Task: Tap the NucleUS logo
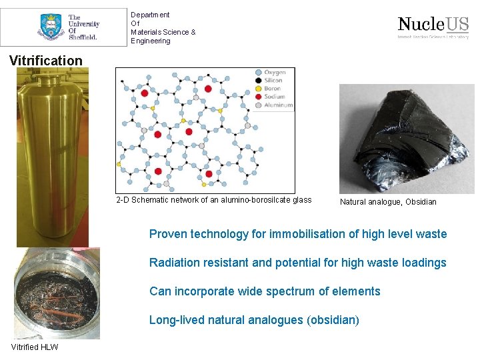click(x=433, y=27)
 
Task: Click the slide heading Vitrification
click(x=46, y=61)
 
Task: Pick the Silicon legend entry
click(x=273, y=80)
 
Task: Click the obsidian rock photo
click(x=407, y=138)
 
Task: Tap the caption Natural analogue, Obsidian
click(x=388, y=202)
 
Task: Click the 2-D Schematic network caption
click(x=213, y=200)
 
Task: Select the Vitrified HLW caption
click(x=35, y=347)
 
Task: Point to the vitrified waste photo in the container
click(x=57, y=293)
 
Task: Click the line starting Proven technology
click(x=298, y=234)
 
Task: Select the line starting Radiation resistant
click(x=298, y=263)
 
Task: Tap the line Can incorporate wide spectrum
click(x=265, y=291)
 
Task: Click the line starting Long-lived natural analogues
click(x=254, y=320)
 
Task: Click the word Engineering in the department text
click(x=151, y=41)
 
